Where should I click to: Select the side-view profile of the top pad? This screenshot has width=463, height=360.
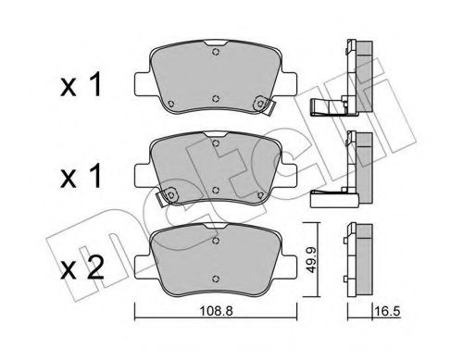352,74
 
